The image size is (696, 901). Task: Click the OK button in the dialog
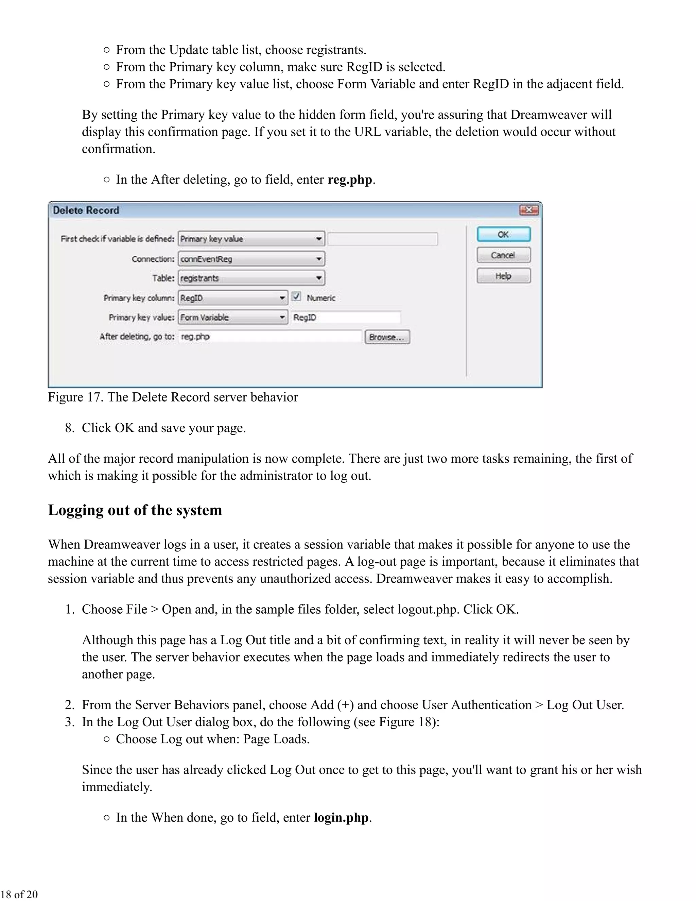click(x=503, y=234)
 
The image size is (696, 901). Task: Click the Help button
click(x=503, y=276)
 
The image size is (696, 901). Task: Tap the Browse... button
click(x=387, y=337)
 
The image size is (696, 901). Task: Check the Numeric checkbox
click(x=296, y=296)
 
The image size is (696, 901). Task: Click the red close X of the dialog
click(x=528, y=210)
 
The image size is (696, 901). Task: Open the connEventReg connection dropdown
click(x=251, y=259)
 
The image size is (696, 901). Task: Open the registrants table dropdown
click(x=251, y=278)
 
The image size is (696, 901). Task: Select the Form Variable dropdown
click(x=233, y=317)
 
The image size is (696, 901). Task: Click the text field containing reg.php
click(x=270, y=337)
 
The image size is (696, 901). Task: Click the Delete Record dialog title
click(x=86, y=210)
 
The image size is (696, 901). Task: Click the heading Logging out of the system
click(x=135, y=510)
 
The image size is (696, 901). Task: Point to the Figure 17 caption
click(x=173, y=397)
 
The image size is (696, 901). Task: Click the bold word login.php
click(x=341, y=817)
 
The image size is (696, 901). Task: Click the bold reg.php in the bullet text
click(x=350, y=180)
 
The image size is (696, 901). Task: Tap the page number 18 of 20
click(x=19, y=894)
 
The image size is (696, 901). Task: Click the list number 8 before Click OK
click(x=69, y=428)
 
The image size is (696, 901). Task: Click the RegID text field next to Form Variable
click(x=346, y=317)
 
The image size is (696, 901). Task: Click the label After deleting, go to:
click(x=137, y=337)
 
